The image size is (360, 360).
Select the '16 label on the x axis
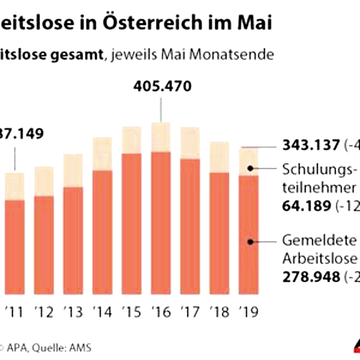pos(161,312)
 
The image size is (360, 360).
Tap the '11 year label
pos(14,312)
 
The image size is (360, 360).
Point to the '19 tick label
pos(248,312)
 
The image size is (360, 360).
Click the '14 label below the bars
pos(103,312)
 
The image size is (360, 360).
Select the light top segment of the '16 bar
pos(161,137)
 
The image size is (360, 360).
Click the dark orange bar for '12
pos(44,246)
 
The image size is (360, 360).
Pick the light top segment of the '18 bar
pos(219,157)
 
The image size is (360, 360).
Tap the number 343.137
pos(310,146)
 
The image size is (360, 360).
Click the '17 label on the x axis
pos(190,312)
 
